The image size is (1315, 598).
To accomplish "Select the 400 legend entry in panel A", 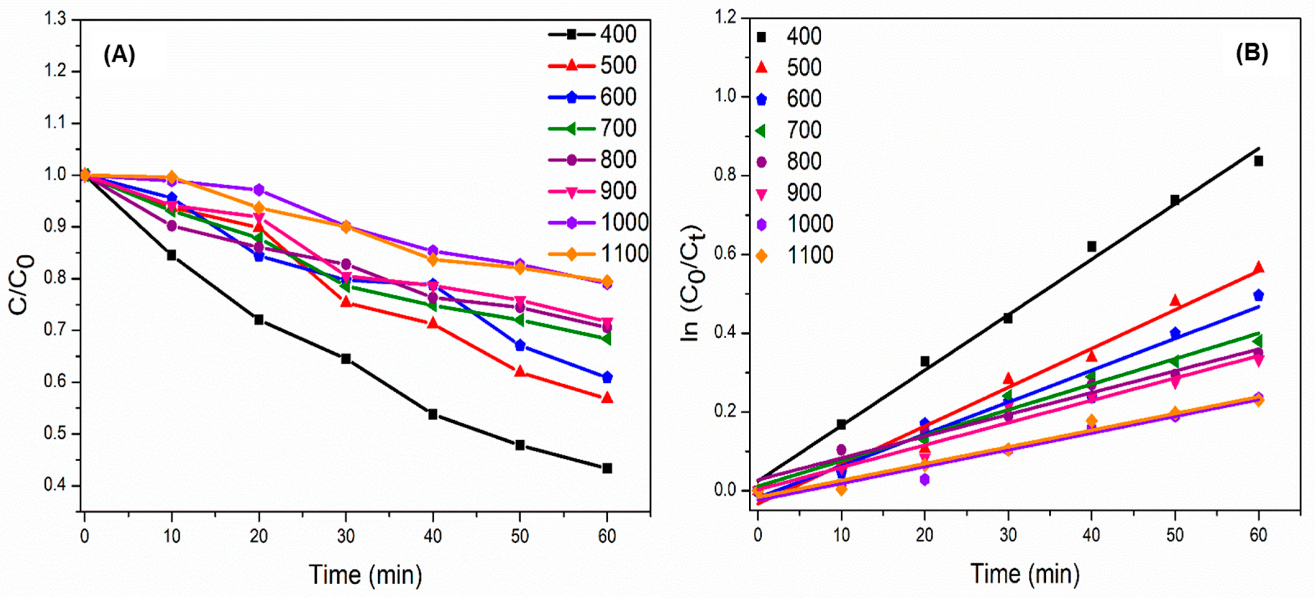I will click(x=592, y=34).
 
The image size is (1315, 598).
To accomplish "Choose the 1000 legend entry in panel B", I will click(x=796, y=224).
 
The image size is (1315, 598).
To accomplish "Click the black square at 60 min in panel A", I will click(x=607, y=468).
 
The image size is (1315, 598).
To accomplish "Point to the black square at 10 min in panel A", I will click(x=171, y=255).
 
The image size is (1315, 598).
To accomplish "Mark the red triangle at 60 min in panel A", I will click(x=607, y=398).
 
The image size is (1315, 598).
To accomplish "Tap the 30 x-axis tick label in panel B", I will click(x=1008, y=535).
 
